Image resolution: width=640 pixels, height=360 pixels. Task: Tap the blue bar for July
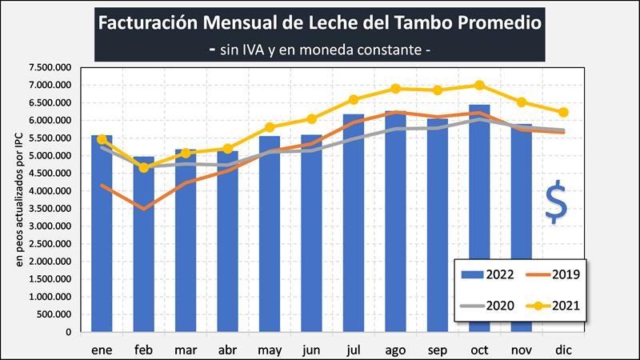pyautogui.click(x=354, y=232)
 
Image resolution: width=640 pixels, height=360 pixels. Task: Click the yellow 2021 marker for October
pyautogui.click(x=479, y=85)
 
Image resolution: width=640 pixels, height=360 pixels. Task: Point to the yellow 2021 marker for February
pyautogui.click(x=144, y=167)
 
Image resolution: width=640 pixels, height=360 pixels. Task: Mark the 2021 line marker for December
pyautogui.click(x=563, y=112)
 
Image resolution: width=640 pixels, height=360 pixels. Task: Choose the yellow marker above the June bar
pyautogui.click(x=312, y=118)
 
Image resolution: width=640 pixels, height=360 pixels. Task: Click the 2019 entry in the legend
pyautogui.click(x=552, y=274)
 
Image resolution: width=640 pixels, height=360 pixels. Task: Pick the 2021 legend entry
pyautogui.click(x=552, y=305)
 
